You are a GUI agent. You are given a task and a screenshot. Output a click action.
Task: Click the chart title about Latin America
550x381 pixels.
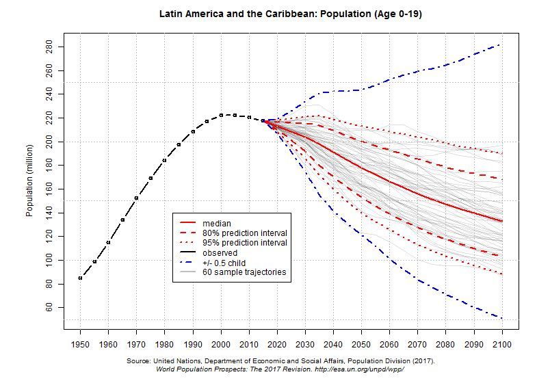[290, 14]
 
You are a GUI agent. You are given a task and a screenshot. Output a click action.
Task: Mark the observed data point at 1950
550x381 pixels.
[80, 278]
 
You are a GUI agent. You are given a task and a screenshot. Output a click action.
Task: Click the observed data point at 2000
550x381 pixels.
[221, 115]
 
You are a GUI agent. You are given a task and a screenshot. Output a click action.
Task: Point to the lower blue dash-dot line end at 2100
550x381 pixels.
[502, 318]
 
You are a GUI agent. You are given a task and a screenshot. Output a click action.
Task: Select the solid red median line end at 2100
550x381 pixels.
[502, 221]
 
